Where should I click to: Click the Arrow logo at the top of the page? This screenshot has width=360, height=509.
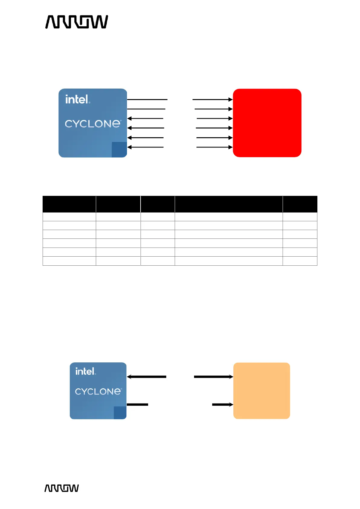[76, 22]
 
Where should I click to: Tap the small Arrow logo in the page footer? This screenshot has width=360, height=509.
[61, 488]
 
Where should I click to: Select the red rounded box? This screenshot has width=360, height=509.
[267, 123]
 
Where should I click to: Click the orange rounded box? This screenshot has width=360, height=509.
[261, 391]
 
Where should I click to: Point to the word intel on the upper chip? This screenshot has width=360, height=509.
[77, 99]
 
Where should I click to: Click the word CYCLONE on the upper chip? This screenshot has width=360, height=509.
[92, 124]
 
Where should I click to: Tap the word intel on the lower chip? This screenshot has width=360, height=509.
[85, 371]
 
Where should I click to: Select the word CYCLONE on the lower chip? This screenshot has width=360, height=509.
[98, 391]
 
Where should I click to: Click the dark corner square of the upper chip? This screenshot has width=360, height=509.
[119, 149]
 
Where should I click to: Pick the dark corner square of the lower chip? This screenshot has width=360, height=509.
[120, 413]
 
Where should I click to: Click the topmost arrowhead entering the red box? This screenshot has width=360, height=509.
[231, 99]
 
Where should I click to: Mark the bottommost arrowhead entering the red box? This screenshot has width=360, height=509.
[231, 147]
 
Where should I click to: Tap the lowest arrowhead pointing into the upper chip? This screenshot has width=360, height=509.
[129, 147]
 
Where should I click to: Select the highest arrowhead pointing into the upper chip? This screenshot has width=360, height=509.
[129, 118]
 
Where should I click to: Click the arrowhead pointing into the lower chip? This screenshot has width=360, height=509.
[129, 377]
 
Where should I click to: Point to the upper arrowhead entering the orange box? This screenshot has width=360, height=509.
[231, 377]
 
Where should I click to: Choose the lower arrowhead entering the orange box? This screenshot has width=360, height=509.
[231, 404]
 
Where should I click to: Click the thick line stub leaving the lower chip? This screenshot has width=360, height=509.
[138, 404]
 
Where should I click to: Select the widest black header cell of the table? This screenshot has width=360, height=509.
[229, 204]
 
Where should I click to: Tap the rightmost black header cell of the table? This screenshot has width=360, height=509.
[300, 204]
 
